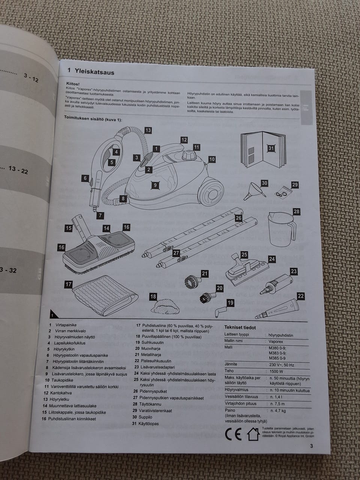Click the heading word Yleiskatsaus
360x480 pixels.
pyautogui.click(x=94, y=71)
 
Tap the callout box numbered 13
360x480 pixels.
pyautogui.click(x=148, y=130)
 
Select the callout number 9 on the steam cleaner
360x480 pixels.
pyautogui.click(x=155, y=185)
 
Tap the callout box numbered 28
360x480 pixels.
pyautogui.click(x=296, y=212)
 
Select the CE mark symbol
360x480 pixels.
pyautogui.click(x=233, y=434)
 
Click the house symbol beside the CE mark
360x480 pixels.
pyautogui.click(x=253, y=434)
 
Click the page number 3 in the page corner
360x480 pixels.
pyautogui.click(x=311, y=446)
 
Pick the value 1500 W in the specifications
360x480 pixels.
pyautogui.click(x=276, y=371)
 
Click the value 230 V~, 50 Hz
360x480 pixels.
pyautogui.click(x=282, y=364)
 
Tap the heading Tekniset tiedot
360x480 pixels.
pyautogui.click(x=240, y=327)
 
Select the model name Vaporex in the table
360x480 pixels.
pyautogui.click(x=276, y=342)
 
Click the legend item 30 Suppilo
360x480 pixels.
pyautogui.click(x=142, y=417)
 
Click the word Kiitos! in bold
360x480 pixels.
pyautogui.click(x=73, y=84)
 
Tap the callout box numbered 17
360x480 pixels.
pyautogui.click(x=68, y=284)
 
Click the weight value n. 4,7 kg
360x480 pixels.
pyautogui.click(x=278, y=411)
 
